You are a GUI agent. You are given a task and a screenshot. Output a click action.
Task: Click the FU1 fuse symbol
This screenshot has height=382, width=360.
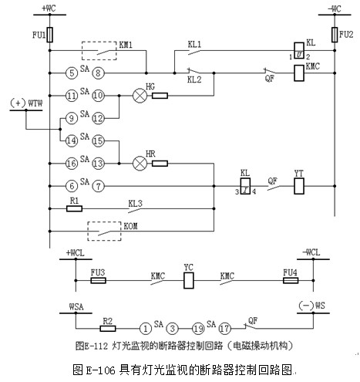click(x=50, y=35)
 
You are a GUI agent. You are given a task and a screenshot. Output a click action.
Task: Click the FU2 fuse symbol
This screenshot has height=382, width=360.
click(x=335, y=35)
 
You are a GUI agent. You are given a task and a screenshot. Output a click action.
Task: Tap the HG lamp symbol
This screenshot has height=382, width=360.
click(x=140, y=96)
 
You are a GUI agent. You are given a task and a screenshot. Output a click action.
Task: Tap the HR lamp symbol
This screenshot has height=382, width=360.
click(x=140, y=164)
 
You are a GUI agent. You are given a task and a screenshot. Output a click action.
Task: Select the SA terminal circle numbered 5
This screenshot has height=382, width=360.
click(x=72, y=73)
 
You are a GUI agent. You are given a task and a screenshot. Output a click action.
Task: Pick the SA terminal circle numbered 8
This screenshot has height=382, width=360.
click(x=98, y=73)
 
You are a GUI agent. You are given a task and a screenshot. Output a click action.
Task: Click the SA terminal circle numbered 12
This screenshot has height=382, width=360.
click(x=98, y=118)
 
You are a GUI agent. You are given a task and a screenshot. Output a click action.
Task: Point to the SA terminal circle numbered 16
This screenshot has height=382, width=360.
click(x=72, y=164)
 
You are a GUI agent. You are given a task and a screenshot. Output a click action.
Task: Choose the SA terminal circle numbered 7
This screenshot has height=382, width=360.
click(x=98, y=186)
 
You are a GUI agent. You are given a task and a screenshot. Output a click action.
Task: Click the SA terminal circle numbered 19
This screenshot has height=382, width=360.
click(x=198, y=329)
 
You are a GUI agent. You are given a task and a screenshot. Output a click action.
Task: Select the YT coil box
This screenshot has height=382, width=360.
click(x=299, y=186)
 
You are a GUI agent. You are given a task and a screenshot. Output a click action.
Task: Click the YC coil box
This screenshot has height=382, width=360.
click(x=189, y=280)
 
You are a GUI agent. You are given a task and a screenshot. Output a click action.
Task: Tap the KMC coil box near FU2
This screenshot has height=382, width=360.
click(x=299, y=73)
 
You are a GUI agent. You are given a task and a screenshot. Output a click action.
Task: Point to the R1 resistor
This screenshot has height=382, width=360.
click(x=74, y=208)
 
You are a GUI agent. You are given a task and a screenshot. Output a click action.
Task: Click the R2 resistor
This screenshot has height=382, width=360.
click(x=108, y=329)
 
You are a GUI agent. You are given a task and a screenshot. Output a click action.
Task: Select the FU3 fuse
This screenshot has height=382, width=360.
click(x=98, y=280)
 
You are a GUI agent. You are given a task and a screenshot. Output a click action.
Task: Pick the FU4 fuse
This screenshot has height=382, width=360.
click(x=291, y=280)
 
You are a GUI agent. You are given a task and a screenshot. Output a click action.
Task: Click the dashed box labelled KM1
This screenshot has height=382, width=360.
click(x=99, y=42)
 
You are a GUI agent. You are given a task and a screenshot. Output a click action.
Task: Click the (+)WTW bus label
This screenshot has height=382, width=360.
click(x=26, y=103)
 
